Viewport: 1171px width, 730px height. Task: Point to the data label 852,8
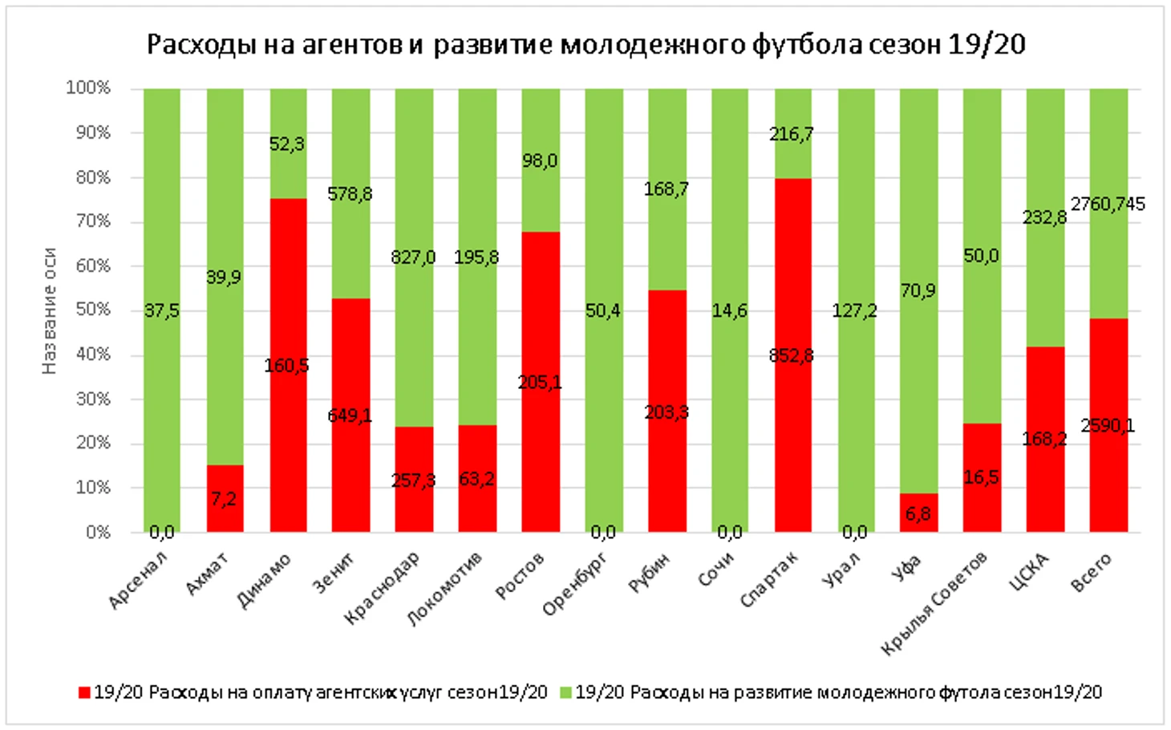(791, 355)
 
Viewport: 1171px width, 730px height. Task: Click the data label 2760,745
(1108, 205)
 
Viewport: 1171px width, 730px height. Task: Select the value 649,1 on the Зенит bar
(350, 416)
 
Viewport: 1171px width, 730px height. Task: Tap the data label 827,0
(413, 258)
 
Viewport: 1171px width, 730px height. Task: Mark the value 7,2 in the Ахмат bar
(224, 499)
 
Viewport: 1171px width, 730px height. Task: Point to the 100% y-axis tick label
(88, 87)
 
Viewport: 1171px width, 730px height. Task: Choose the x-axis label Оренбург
(575, 584)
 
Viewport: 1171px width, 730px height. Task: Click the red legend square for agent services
(84, 692)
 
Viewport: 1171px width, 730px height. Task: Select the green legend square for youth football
(565, 692)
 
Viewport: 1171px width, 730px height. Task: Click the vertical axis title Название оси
(50, 310)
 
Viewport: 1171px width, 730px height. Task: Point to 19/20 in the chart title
(987, 44)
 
